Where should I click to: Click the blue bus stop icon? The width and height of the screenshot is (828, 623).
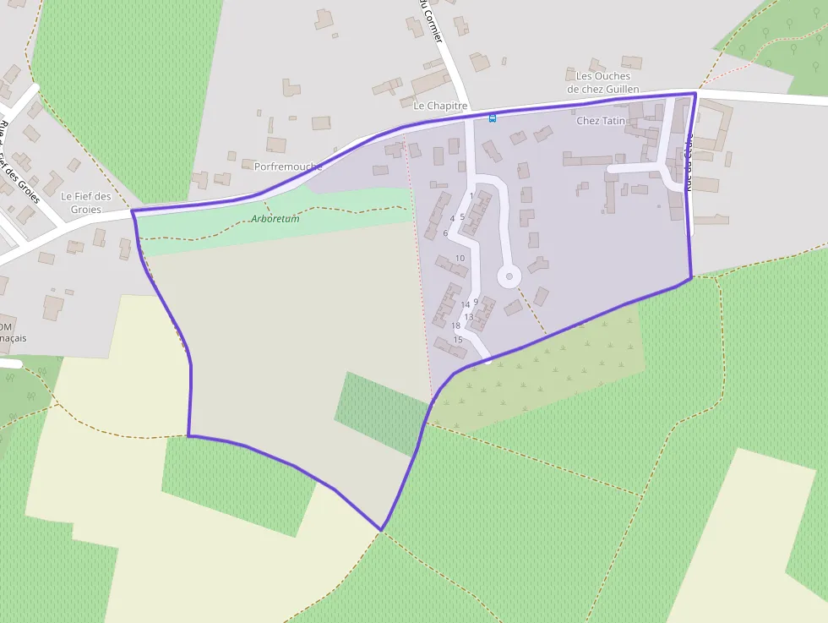493,118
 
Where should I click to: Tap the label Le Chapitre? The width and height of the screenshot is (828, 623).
440,106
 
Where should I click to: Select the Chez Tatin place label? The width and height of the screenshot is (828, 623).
601,121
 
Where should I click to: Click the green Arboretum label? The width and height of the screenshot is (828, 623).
275,218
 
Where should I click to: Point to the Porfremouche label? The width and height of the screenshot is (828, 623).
288,167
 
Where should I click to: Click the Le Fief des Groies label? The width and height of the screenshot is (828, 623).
86,203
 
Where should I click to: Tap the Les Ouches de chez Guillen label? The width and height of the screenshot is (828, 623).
603,83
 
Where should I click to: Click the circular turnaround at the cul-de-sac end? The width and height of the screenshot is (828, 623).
509,276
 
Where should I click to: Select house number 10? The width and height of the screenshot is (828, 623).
460,258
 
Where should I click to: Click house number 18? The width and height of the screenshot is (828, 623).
455,325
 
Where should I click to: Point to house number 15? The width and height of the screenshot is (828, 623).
458,340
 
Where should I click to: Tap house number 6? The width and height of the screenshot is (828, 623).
445,232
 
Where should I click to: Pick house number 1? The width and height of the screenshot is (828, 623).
471,196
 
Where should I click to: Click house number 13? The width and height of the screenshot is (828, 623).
468,317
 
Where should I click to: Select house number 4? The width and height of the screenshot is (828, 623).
453,218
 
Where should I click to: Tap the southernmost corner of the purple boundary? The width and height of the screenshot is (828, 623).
381,530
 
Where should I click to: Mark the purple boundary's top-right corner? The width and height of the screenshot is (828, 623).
695,93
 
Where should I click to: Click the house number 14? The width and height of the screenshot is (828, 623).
465,304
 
